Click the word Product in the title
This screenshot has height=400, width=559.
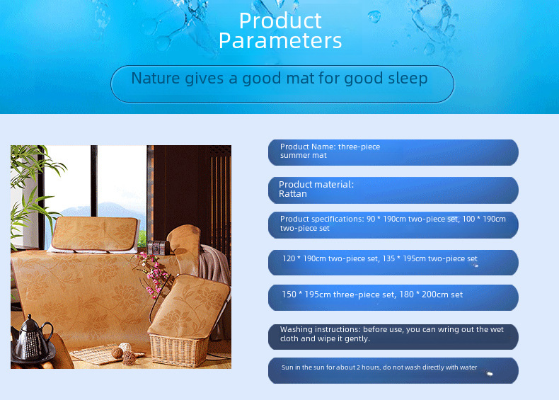(280, 21)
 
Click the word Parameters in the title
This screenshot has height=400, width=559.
(280, 40)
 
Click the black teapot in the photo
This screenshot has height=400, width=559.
(32, 338)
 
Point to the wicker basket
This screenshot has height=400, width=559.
(179, 349)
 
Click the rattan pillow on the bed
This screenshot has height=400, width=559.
(95, 234)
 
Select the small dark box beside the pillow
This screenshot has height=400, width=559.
(159, 248)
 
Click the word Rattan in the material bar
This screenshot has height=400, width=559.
(293, 194)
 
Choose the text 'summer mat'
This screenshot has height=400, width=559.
(304, 155)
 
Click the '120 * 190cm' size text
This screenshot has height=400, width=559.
(304, 258)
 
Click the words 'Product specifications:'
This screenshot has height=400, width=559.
(322, 219)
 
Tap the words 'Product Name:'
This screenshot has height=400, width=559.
(308, 147)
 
